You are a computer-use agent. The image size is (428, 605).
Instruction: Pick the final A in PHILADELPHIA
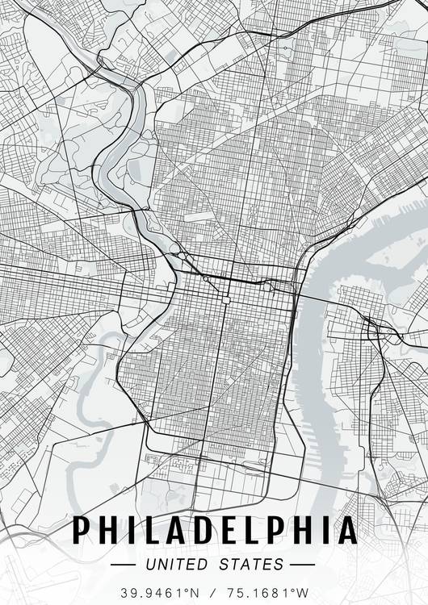pos(346,530)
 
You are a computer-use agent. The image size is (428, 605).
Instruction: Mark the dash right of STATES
pos(301,564)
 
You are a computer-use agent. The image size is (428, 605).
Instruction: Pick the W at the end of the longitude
pos(304,593)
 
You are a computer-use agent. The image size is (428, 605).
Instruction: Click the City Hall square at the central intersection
pos(227,300)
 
